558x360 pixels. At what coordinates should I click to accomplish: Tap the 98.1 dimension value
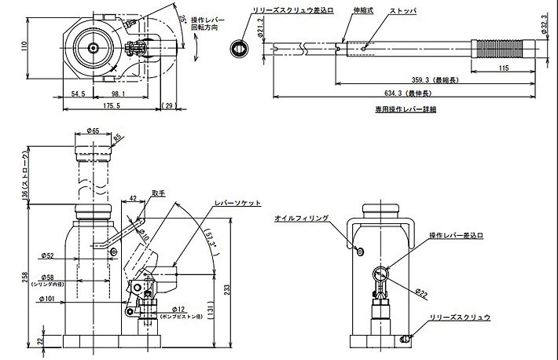(x=116, y=94)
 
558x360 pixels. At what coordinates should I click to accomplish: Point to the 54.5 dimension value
(x=78, y=94)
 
